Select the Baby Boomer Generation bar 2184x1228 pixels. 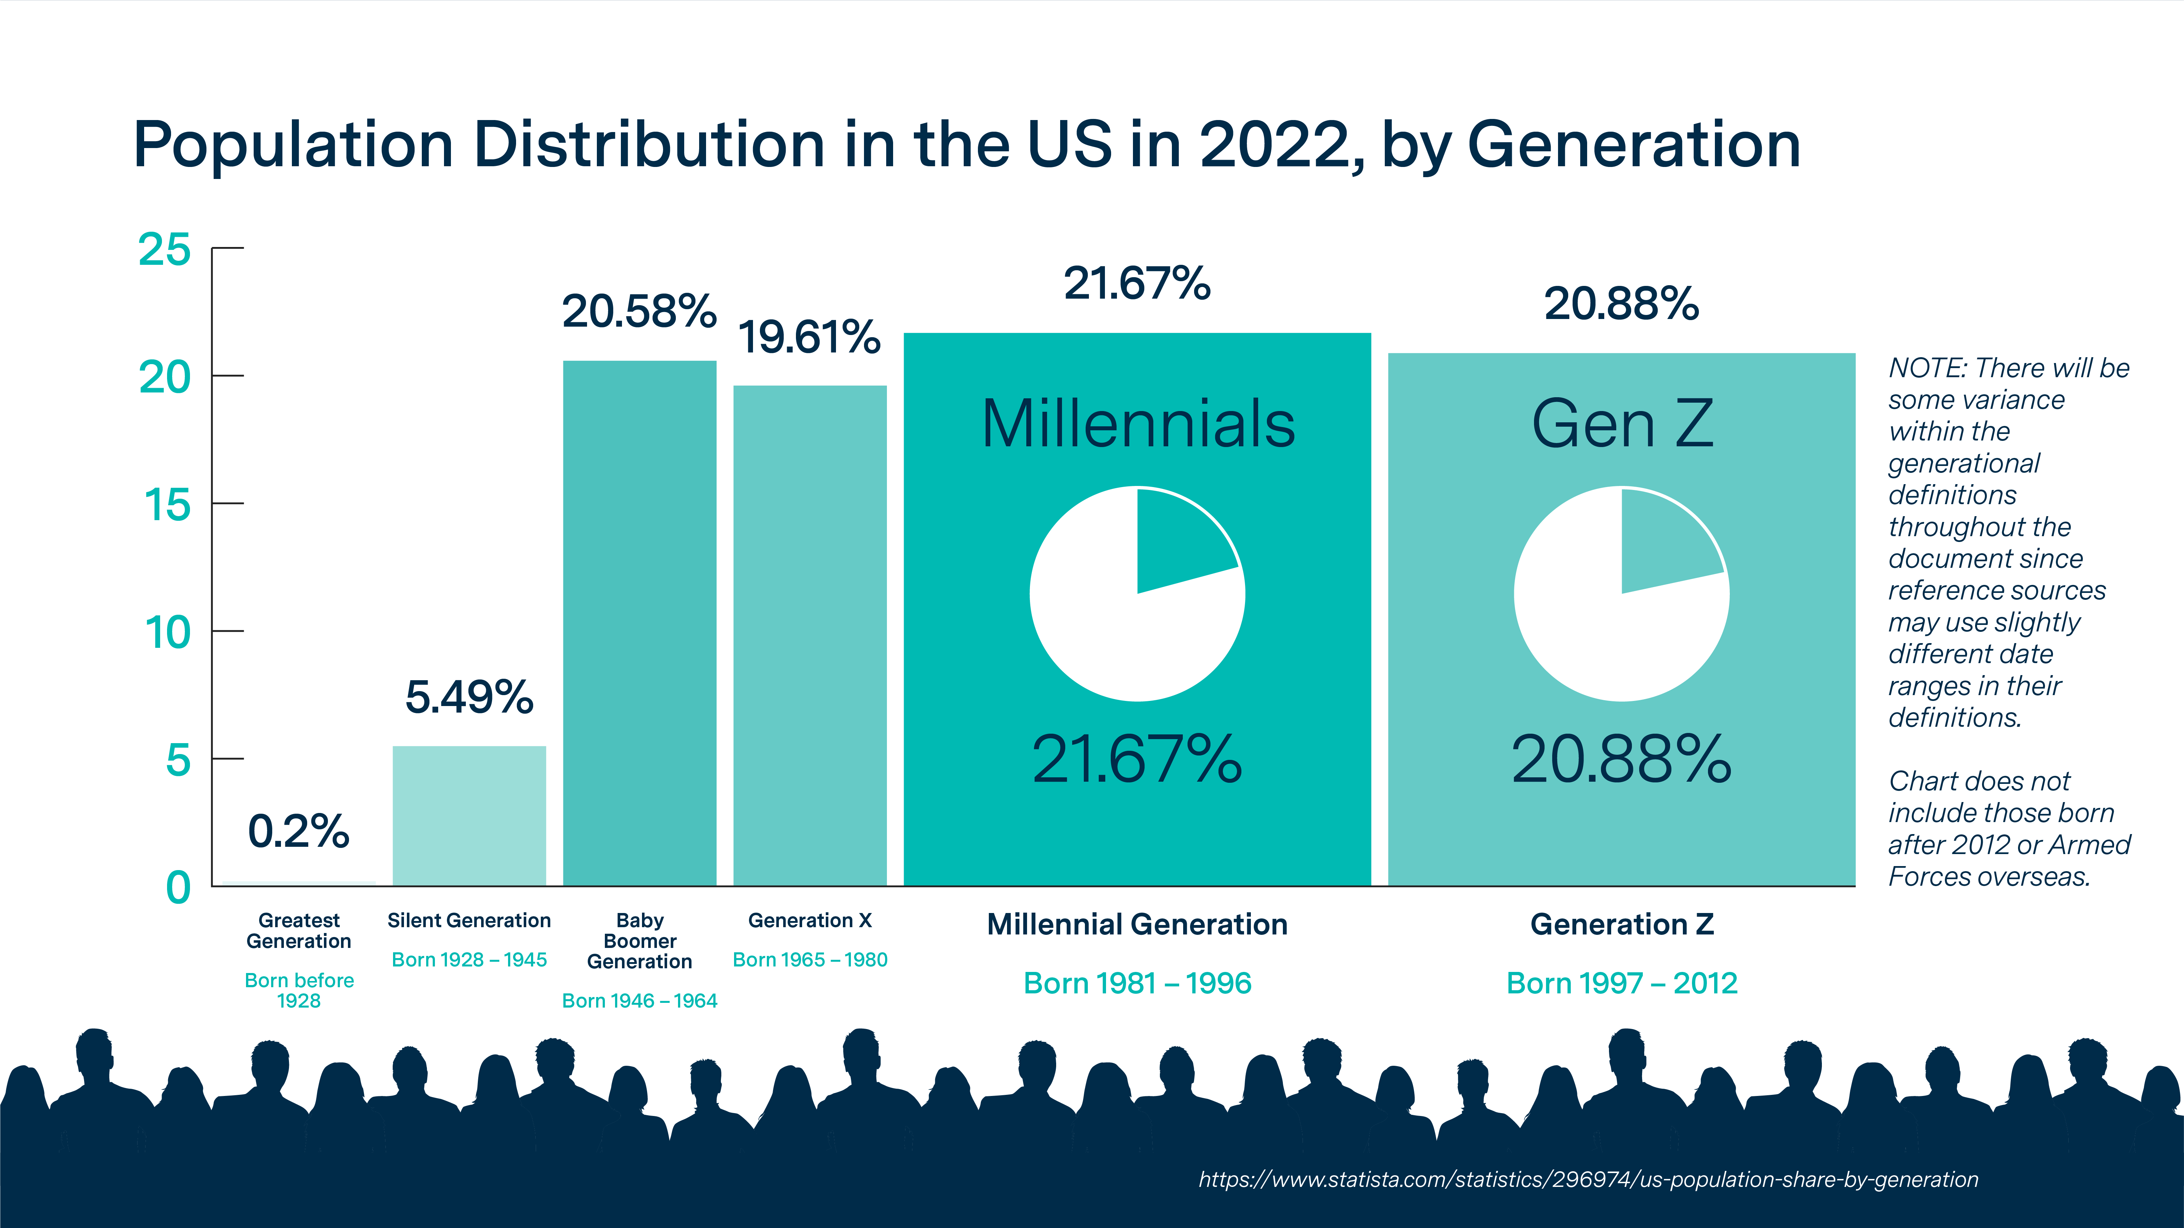639,623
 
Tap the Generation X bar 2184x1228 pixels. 810,635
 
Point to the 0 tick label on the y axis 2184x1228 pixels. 178,887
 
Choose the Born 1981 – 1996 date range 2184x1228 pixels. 1137,983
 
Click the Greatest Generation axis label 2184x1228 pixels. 298,930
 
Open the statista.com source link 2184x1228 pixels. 1588,1179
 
